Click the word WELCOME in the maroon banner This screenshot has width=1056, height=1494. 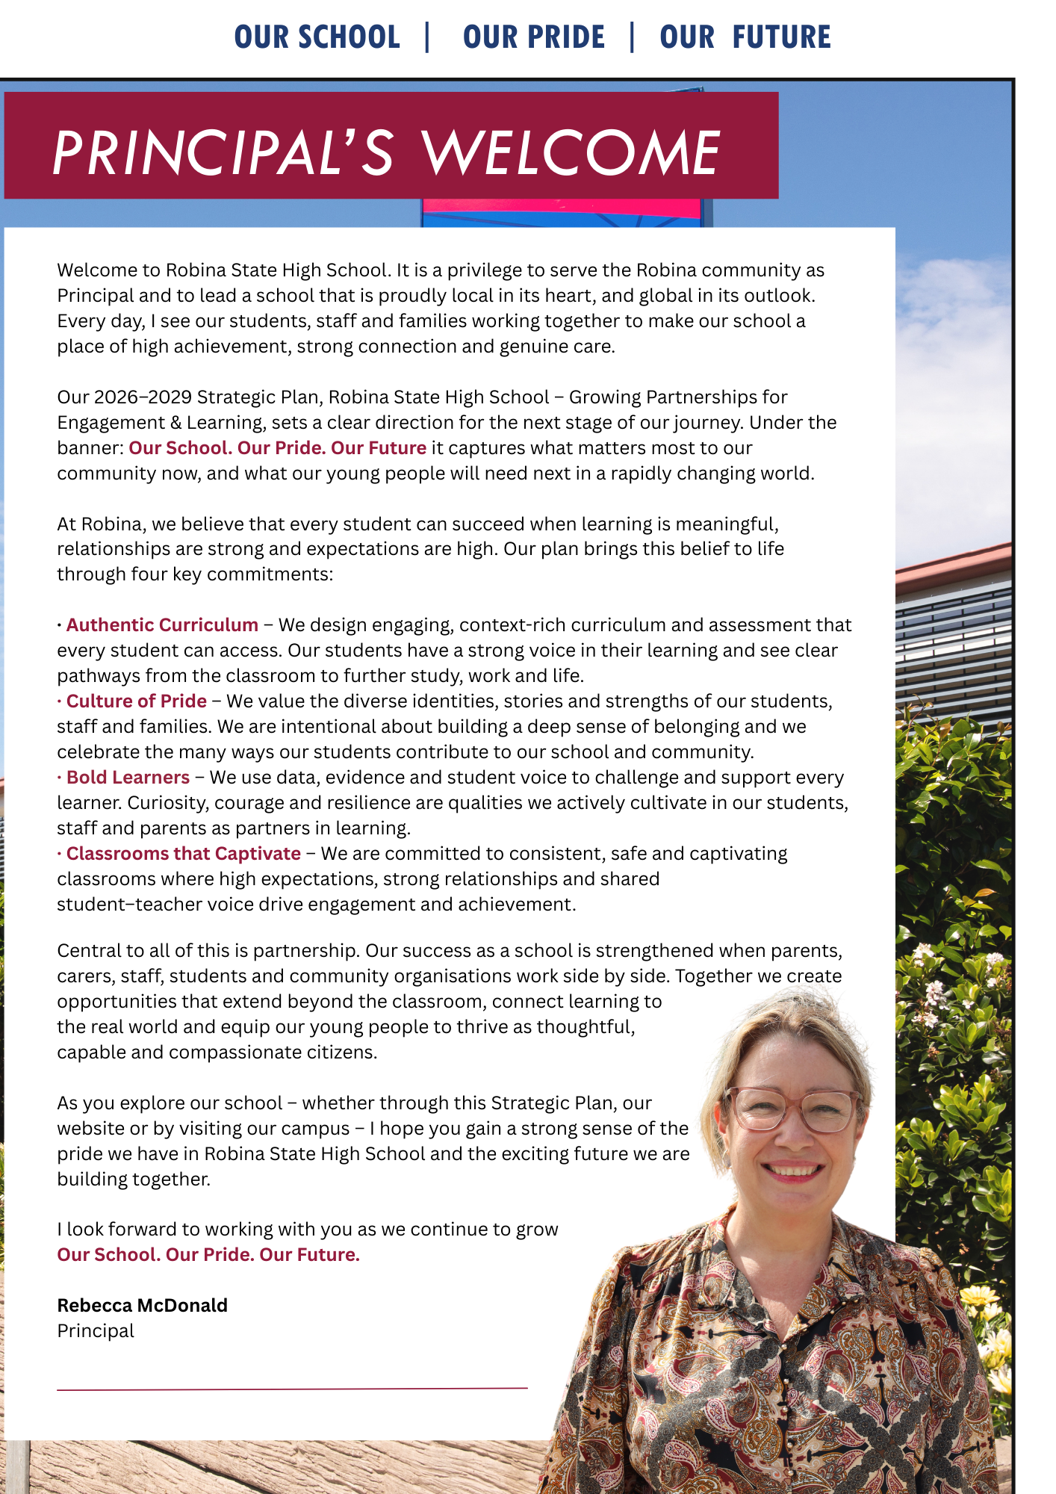571,153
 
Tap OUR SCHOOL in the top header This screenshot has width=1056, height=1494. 317,37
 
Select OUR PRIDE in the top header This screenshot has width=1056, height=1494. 534,37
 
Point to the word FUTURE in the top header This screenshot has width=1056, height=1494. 781,37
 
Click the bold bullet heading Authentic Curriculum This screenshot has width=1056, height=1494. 162,625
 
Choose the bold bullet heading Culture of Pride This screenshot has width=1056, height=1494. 136,701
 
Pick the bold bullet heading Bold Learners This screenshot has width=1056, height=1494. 128,778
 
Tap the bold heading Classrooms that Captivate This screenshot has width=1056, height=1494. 183,854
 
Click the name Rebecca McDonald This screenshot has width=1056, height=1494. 143,1306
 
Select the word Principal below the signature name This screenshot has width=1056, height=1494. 96,1331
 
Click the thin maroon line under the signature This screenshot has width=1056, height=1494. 292,1389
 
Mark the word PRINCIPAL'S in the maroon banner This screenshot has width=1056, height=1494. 222,153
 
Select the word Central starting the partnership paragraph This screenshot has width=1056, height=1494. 85,951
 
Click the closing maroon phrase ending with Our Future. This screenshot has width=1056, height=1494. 208,1255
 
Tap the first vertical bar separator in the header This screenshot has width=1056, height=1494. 427,37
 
